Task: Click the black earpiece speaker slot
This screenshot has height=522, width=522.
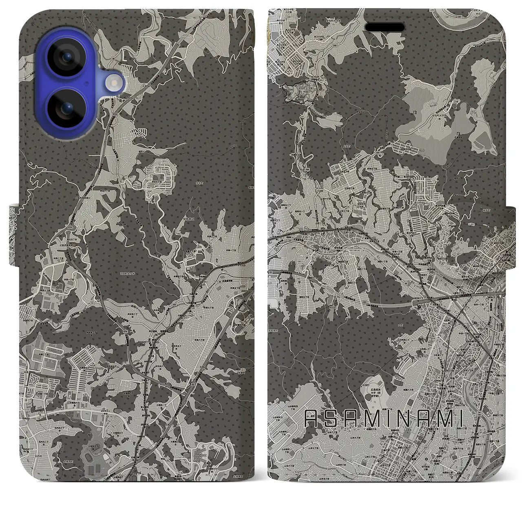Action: pos(385,27)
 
